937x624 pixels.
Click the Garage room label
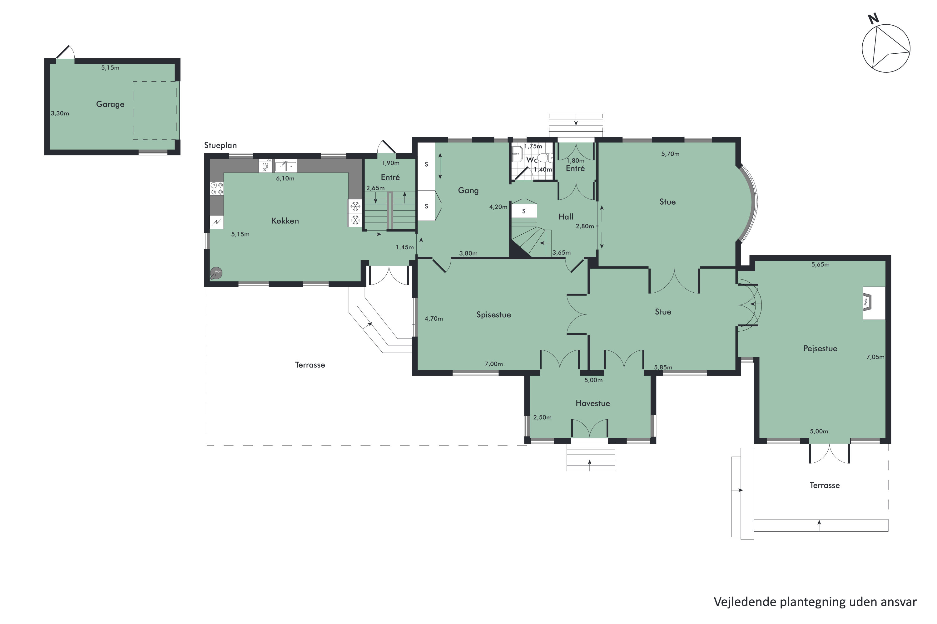[110, 104]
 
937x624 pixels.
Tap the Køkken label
[285, 221]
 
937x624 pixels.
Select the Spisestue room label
[493, 315]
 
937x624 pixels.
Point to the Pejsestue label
[820, 349]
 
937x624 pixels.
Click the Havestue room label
[593, 403]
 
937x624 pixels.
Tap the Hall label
[566, 217]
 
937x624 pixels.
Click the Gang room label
[468, 191]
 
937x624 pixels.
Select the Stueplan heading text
[220, 146]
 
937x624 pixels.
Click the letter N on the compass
[873, 19]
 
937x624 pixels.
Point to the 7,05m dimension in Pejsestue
[875, 357]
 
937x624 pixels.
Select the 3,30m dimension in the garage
[60, 114]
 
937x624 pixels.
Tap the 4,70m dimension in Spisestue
[434, 319]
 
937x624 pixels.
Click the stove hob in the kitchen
[217, 188]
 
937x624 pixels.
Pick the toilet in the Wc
[546, 158]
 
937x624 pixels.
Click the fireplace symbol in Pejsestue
[866, 302]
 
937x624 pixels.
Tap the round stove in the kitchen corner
[216, 273]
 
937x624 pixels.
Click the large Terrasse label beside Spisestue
[310, 365]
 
